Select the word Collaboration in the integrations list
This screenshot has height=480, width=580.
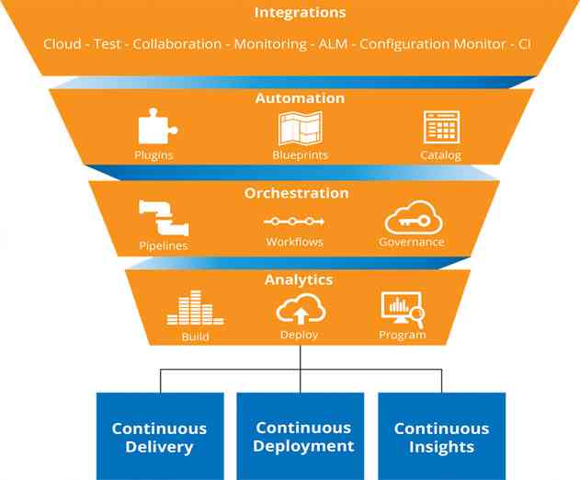coord(176,44)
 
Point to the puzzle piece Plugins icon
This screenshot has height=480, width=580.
coord(154,128)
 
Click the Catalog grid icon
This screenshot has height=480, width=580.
coord(440,128)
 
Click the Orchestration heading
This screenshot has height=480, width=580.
coord(296,194)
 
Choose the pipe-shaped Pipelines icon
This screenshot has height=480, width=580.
coord(164,219)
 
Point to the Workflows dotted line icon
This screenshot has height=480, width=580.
coord(294,222)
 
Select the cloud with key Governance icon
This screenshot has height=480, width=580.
coord(411,219)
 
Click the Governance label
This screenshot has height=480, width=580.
coord(411,243)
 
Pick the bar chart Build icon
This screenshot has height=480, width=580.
coord(195,309)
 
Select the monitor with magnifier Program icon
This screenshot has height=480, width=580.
coord(402,309)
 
